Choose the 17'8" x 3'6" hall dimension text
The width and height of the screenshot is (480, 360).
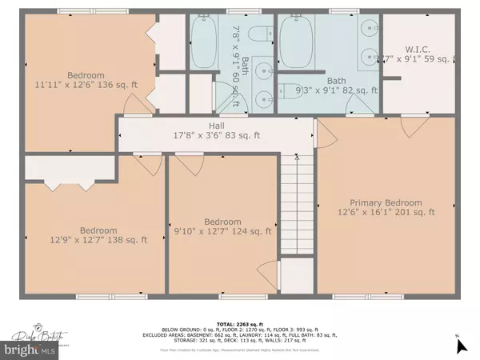tap(218, 135)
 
